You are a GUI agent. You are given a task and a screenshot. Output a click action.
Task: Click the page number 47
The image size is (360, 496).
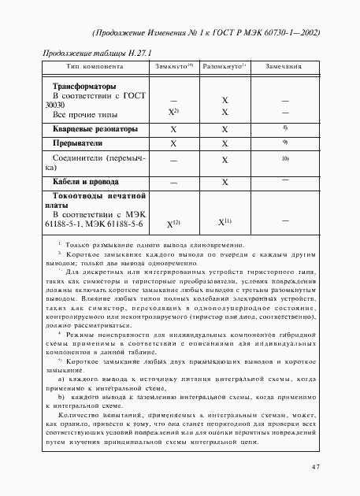[314, 467]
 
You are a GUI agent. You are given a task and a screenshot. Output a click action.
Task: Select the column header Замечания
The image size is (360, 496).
[284, 66]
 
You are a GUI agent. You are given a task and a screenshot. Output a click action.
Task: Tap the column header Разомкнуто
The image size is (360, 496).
[225, 66]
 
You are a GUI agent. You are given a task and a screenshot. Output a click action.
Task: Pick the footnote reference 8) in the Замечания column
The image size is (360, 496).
[284, 127]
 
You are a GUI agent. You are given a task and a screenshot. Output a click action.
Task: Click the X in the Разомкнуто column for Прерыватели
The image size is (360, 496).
[225, 145]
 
